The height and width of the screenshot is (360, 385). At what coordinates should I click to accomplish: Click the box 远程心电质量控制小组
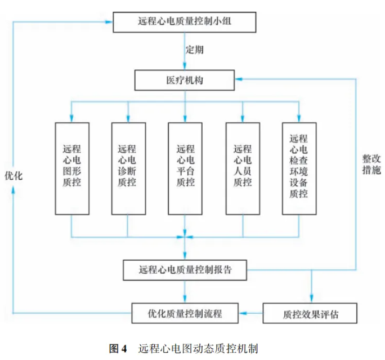point(185,23)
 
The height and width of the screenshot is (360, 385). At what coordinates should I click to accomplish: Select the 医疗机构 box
point(185,80)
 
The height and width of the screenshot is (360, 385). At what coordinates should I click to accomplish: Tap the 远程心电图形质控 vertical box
point(72,167)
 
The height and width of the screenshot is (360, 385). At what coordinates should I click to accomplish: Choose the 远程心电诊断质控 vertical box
point(128,167)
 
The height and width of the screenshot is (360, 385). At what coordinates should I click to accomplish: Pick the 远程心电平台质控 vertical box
point(185,167)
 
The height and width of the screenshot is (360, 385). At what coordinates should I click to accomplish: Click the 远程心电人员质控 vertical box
point(243,167)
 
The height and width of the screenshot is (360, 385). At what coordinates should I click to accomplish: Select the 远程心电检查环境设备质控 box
point(299,167)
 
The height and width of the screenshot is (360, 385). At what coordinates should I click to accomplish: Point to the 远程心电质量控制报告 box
point(185,270)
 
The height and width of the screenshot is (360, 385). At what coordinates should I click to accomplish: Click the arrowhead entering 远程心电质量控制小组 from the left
point(109,23)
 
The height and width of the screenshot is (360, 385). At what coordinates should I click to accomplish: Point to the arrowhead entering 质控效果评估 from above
point(311,299)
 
